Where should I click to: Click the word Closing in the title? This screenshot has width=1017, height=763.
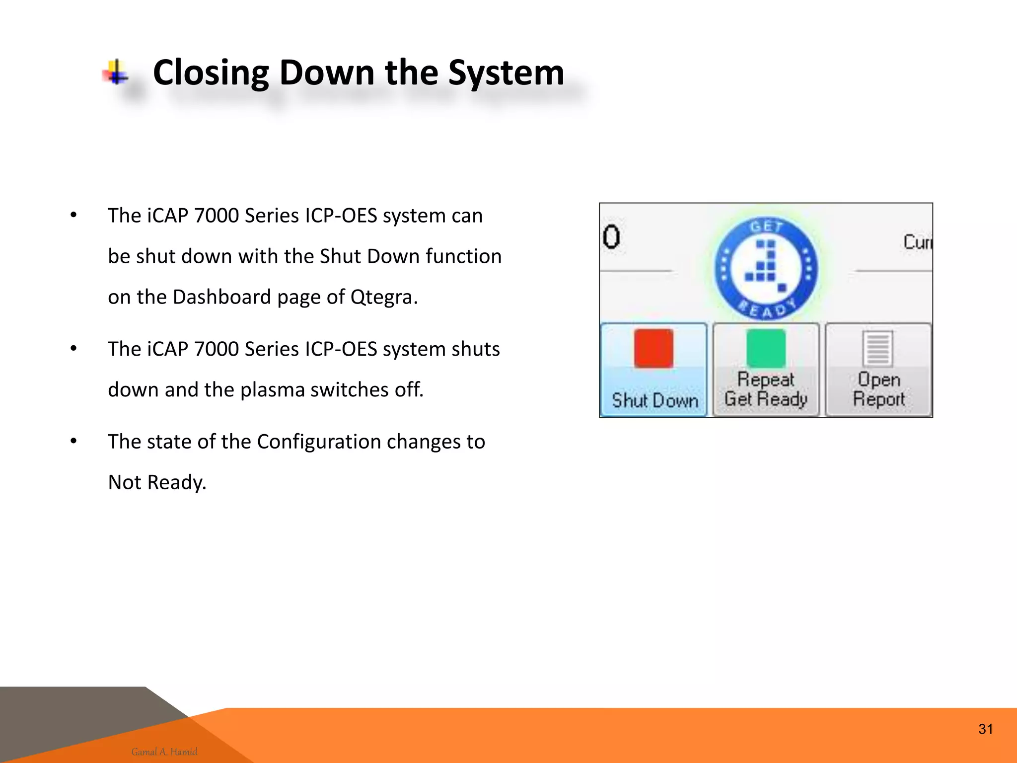(x=211, y=73)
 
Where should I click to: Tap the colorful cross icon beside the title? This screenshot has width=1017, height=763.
(x=116, y=73)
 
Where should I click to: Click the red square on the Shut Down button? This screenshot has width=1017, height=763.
(x=654, y=348)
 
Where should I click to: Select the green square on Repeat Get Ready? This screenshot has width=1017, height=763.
(x=766, y=348)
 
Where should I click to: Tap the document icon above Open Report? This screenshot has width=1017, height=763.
(x=877, y=348)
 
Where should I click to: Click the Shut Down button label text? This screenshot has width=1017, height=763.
(x=654, y=400)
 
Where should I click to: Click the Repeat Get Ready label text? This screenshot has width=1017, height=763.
(x=766, y=389)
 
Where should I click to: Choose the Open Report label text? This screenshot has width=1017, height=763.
(x=878, y=389)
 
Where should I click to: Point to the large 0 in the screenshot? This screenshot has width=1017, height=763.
(x=611, y=237)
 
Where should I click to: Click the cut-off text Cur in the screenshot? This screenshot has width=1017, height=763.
(x=917, y=242)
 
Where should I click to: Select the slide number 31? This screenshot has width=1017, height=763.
(x=985, y=729)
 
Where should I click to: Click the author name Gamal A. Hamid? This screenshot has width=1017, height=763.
(x=164, y=752)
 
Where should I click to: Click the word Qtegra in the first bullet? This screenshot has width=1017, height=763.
(x=384, y=297)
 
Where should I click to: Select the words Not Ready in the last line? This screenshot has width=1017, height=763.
(x=157, y=482)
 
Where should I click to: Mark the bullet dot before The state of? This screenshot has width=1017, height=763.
(x=73, y=441)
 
